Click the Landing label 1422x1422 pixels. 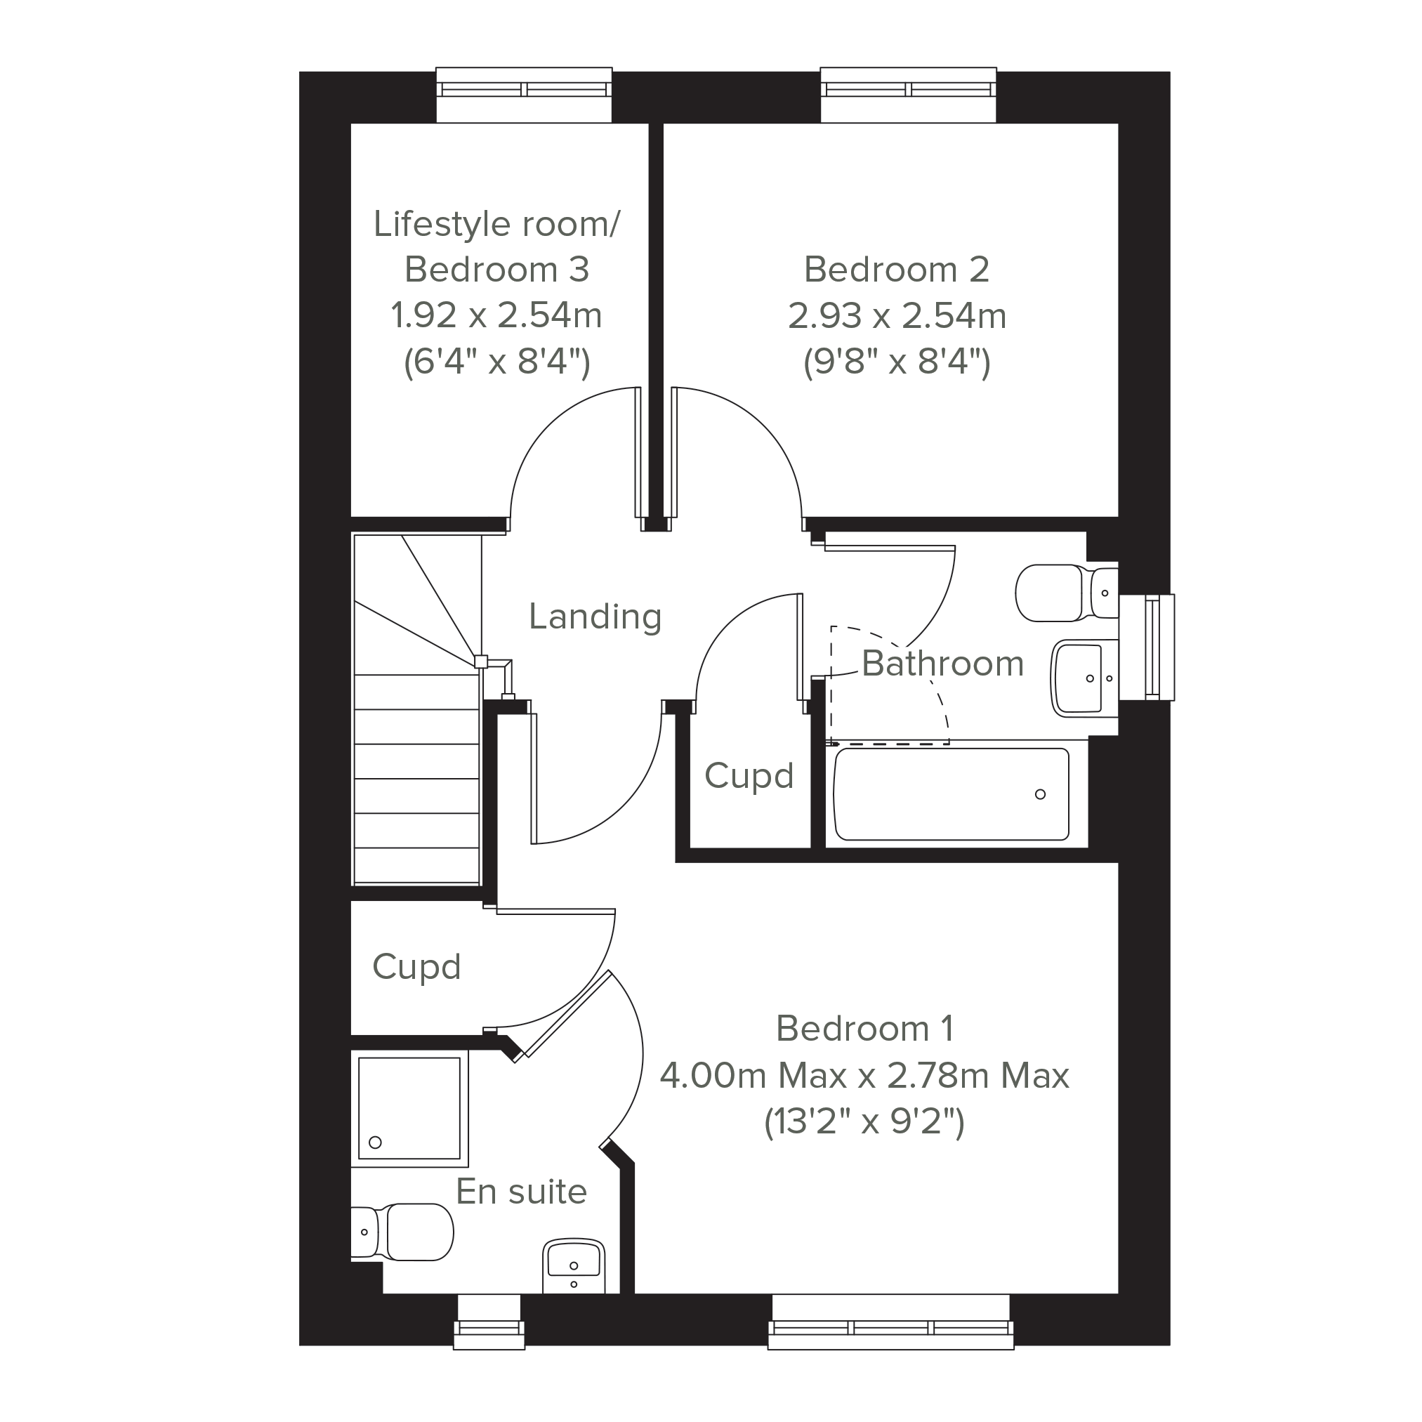(x=595, y=617)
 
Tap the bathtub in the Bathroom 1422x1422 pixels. (x=952, y=794)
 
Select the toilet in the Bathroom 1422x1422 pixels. (x=1067, y=593)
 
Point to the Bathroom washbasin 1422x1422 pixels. (x=1085, y=678)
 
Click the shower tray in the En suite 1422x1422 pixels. (x=409, y=1108)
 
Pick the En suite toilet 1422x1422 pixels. (x=402, y=1232)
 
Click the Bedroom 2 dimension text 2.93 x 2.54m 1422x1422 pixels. (x=897, y=316)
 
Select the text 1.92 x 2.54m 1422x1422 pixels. (x=496, y=316)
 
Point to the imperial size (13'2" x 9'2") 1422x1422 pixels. (x=864, y=1121)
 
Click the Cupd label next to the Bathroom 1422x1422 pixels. (x=749, y=776)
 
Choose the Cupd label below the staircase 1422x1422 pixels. (x=416, y=967)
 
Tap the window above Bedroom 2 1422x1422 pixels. (x=908, y=94)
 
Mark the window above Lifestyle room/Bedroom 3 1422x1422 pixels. (x=524, y=94)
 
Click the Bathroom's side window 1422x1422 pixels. (x=1147, y=647)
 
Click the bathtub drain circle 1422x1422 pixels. (x=1040, y=794)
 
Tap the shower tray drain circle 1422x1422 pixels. (x=376, y=1143)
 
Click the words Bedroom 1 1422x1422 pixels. (x=865, y=1028)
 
